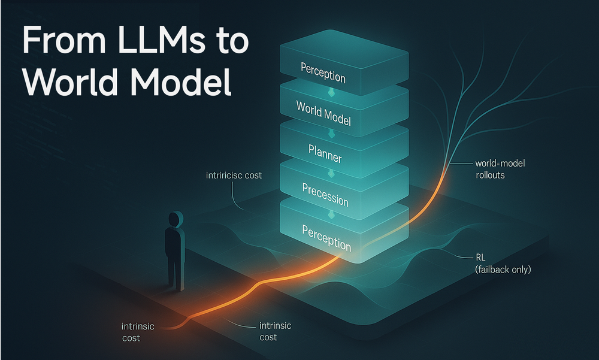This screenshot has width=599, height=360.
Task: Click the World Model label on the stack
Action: coord(323,113)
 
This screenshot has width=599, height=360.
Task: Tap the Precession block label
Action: coord(325,195)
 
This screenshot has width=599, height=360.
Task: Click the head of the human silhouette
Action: coord(175,219)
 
